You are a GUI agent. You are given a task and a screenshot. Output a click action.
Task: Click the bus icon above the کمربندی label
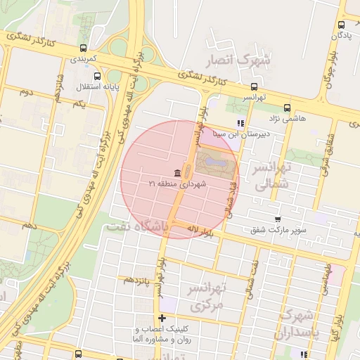84,49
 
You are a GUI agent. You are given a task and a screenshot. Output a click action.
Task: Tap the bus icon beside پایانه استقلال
96,76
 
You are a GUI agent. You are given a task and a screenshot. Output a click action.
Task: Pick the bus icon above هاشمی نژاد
287,108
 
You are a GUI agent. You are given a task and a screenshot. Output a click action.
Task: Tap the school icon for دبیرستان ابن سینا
240,122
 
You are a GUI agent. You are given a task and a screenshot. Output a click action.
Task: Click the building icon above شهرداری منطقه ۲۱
176,172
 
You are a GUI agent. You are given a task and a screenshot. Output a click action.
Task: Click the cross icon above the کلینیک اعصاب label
162,319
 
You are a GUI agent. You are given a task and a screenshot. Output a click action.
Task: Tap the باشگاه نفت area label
139,227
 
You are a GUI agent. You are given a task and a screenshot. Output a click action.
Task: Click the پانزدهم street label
138,280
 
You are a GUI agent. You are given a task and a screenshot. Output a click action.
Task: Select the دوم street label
26,92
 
